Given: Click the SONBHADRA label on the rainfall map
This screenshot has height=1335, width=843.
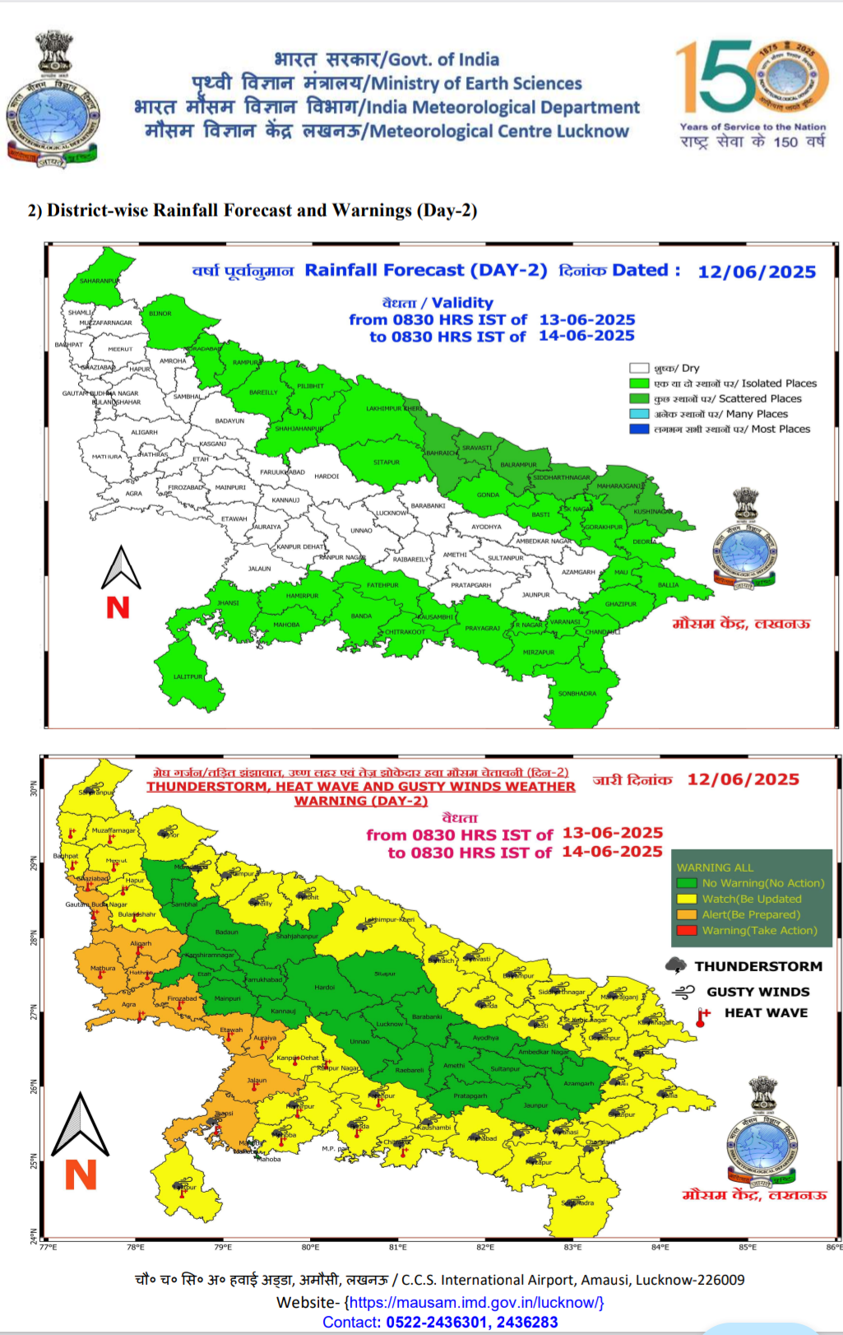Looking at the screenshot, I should [577, 694].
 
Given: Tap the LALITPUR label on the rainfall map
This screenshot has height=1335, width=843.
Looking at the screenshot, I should [188, 677].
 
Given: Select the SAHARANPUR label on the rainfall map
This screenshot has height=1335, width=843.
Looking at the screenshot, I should [100, 281].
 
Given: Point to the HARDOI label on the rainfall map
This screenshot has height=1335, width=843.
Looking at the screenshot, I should [327, 477].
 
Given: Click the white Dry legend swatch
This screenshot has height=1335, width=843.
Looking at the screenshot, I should [639, 369].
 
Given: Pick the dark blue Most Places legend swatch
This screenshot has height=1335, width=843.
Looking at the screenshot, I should [639, 429].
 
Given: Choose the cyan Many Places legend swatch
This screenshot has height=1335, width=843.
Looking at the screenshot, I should [639, 414].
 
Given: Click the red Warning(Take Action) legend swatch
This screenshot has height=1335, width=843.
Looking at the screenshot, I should [687, 930].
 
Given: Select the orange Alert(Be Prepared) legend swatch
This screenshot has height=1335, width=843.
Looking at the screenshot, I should [687, 914].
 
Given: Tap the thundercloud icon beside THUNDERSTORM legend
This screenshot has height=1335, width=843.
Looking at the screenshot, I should [676, 965].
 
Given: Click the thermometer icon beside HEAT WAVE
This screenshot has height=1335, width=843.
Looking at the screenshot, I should [702, 1017].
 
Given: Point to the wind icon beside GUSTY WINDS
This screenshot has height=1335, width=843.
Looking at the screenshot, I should [683, 993].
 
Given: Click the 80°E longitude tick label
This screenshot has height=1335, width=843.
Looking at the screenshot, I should [310, 1247].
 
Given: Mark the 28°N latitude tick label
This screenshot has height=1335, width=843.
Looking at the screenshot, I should [34, 937].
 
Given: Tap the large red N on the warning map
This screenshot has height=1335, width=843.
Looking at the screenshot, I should [81, 1175].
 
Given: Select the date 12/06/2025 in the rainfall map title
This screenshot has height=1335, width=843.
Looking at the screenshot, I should [757, 272].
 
